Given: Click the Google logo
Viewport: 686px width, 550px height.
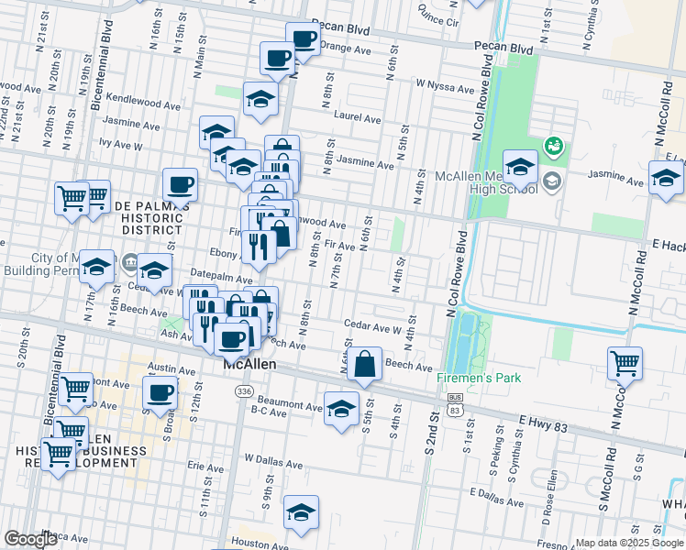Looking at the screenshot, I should pyautogui.click(x=30, y=539).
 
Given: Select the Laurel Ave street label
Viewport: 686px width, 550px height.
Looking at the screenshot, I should pyautogui.click(x=358, y=118).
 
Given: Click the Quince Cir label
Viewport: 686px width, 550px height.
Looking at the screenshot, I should pyautogui.click(x=437, y=16).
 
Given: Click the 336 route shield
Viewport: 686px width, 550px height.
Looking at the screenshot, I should pyautogui.click(x=243, y=391).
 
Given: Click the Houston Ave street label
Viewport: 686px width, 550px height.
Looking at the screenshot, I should pyautogui.click(x=253, y=543).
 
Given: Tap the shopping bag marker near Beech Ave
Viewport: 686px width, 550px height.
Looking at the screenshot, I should pyautogui.click(x=365, y=363).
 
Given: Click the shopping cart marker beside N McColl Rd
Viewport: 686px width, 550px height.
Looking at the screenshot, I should pyautogui.click(x=625, y=362).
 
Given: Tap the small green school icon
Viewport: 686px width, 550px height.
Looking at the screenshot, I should pyautogui.click(x=552, y=145).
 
